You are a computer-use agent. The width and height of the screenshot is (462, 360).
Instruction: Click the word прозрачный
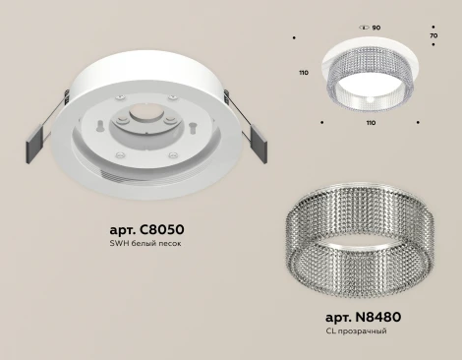[x=366, y=332]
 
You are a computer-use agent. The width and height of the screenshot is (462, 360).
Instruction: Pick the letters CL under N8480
[x=330, y=332]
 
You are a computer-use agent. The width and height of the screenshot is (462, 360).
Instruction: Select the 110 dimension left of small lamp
[x=305, y=73]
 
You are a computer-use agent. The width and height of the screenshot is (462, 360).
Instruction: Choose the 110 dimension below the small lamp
[x=370, y=125]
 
